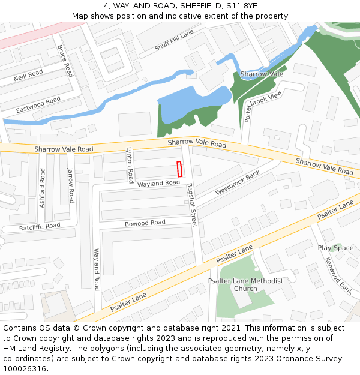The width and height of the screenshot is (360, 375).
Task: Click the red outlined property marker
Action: coord(179,169)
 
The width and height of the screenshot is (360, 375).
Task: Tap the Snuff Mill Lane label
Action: coord(174,40)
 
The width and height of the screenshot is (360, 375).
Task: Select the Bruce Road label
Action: coord(65,61)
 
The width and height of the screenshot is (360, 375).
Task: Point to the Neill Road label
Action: coord(28,76)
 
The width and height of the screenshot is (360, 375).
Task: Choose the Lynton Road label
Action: coord(130,165)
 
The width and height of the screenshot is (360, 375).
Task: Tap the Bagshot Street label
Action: coord(191,205)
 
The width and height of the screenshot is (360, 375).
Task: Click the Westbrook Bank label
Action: coord(238,183)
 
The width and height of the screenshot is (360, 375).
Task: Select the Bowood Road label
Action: coord(145,223)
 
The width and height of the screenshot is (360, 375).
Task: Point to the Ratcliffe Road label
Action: coord(40,227)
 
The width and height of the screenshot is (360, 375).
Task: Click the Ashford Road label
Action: coord(42,188)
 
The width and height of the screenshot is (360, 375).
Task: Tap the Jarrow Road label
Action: coord(71,185)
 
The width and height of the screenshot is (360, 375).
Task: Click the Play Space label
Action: coord(335,248)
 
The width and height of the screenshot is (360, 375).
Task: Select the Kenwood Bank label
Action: coord(338,275)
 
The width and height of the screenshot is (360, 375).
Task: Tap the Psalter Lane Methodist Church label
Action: coord(245,284)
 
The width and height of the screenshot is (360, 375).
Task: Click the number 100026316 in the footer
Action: coord(24,369)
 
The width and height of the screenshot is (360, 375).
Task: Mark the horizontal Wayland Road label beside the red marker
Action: coord(158,183)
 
